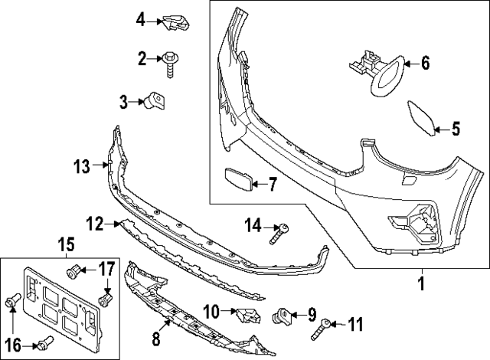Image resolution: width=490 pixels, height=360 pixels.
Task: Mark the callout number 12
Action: pos(94,224)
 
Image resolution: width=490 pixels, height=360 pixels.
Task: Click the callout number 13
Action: pos(81,164)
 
